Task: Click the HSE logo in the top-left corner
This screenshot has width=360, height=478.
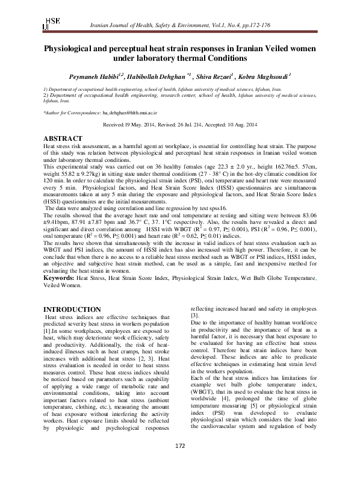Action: tap(51, 22)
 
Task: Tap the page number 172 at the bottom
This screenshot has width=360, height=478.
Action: tap(180, 461)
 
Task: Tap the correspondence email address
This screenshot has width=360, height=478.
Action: tap(129, 112)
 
